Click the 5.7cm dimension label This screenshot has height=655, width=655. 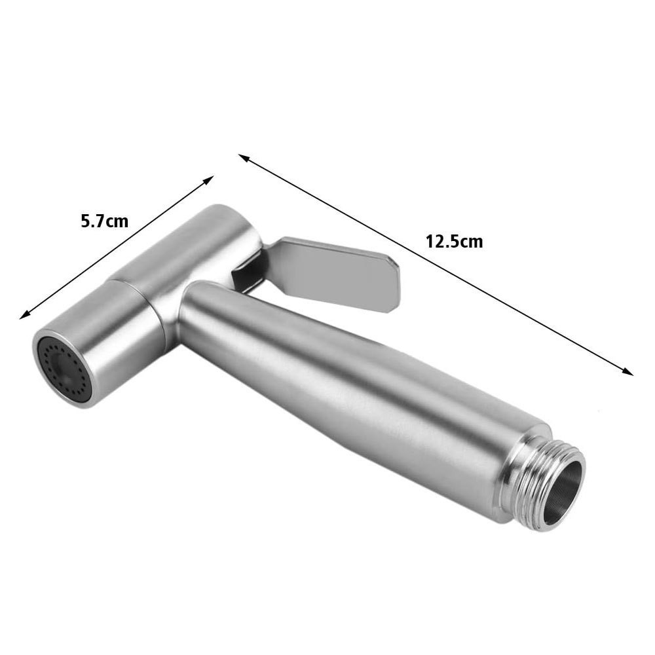tap(104, 221)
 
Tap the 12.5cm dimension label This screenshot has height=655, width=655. tap(454, 242)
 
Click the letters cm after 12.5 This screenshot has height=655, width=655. tap(470, 242)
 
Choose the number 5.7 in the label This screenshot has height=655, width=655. tap(93, 221)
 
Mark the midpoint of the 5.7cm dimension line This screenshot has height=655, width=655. tap(117, 248)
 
